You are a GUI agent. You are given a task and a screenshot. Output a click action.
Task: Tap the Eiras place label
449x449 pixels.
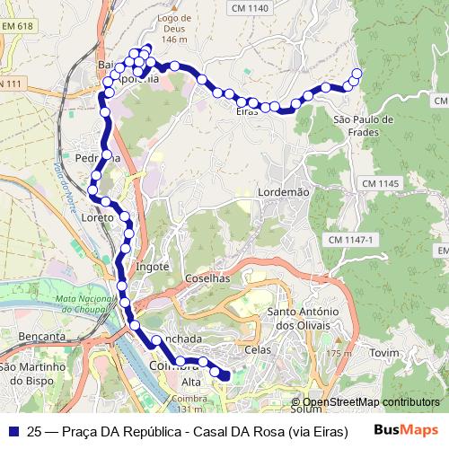247,111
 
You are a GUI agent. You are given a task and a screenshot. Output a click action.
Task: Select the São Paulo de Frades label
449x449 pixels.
363,126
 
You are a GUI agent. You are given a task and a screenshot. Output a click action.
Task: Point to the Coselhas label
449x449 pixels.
208,279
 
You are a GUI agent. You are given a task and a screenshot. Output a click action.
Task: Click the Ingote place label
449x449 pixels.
152,267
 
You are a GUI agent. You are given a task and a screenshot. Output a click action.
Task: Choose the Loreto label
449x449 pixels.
97,217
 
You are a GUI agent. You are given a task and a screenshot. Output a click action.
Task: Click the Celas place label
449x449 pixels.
258,349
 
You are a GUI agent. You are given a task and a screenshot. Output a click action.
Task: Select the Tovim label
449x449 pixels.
383,353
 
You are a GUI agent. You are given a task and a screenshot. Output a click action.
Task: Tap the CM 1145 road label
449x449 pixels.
380,183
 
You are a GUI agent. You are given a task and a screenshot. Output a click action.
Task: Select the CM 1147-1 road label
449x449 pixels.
349,240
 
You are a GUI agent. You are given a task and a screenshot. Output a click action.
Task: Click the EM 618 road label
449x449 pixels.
17,27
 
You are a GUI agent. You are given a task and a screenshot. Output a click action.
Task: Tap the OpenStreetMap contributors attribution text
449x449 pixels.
371,402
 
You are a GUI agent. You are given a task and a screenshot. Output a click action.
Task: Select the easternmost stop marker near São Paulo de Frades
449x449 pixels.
357,74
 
